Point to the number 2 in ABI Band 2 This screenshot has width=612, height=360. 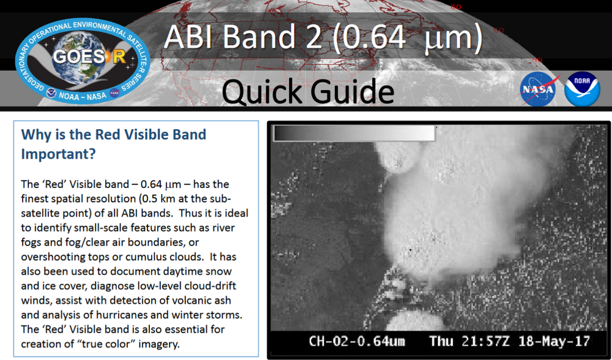(x=317, y=38)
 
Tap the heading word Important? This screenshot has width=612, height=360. (x=58, y=154)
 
